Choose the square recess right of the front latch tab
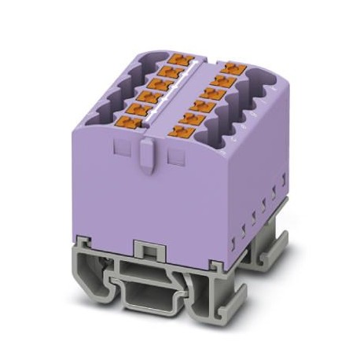(x=174, y=155)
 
